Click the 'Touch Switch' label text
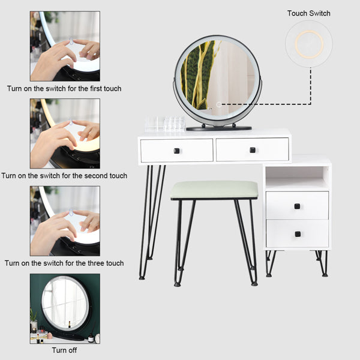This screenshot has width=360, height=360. tap(308, 13)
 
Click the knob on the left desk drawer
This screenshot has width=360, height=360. tap(176, 151)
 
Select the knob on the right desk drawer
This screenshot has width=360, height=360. tap(253, 150)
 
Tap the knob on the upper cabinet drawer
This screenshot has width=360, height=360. tap(298, 206)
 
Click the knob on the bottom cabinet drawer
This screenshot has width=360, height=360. tap(298, 234)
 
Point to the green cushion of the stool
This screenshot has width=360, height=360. tap(214, 190)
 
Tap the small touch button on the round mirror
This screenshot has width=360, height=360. tap(219, 104)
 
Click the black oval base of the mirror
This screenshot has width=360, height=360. tap(218, 128)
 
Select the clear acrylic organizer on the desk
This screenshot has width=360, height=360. tap(164, 124)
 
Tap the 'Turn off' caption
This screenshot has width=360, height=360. tap(64, 350)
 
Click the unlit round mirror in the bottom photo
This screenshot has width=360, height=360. tap(65, 303)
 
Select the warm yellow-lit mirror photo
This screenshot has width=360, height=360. tap(65, 134)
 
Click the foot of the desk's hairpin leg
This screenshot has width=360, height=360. tap(142, 278)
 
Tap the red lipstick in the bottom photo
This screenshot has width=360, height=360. tap(70, 323)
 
